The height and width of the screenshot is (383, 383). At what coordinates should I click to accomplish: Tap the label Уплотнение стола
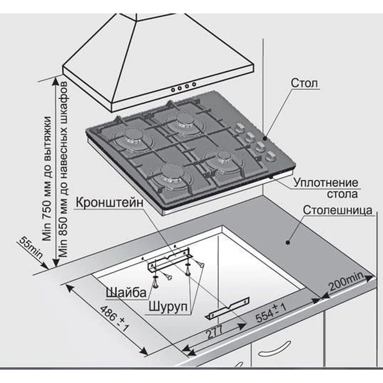(326, 188)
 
